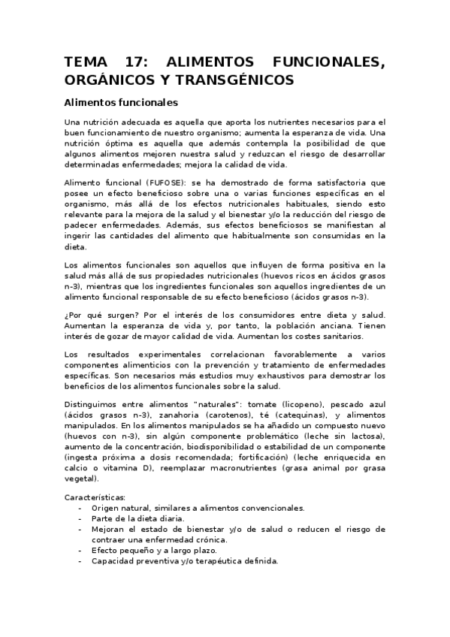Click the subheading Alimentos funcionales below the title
120,101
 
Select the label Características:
95,497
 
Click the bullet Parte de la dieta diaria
137,518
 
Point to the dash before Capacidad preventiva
80,560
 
